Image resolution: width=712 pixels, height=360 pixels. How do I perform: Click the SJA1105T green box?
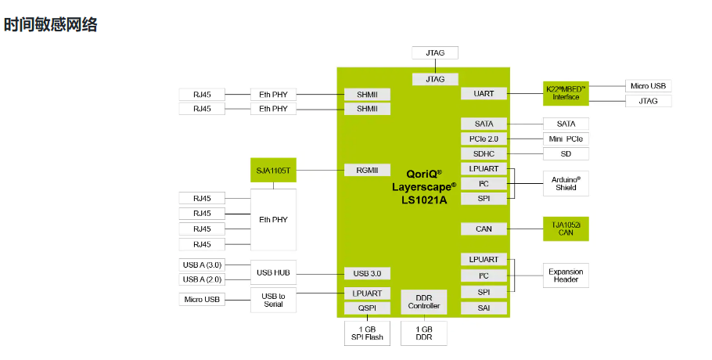273,170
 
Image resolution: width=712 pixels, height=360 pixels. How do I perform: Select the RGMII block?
367,170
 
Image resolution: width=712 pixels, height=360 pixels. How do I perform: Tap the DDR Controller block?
424,301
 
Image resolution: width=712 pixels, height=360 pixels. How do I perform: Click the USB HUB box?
273,273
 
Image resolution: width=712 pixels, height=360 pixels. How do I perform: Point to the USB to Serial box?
273,300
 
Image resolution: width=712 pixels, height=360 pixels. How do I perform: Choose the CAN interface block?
484,229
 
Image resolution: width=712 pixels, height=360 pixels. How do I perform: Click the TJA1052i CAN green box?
566,229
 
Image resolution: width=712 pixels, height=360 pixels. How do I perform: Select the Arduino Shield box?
566,183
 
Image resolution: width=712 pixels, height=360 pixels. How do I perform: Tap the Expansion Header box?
566,275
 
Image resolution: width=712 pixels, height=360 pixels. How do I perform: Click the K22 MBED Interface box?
566,93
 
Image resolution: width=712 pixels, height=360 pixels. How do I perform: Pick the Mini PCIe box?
566,139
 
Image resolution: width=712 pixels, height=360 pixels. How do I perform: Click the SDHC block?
484,153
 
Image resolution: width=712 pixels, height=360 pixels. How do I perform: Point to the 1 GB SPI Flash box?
367,333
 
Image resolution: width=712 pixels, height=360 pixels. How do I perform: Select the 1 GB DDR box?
424,333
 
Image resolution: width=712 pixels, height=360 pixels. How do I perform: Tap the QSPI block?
367,308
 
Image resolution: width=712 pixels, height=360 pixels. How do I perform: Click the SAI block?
484,308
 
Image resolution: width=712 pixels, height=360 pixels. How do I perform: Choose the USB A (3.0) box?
203,265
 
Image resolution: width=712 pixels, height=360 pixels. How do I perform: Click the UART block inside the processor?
484,93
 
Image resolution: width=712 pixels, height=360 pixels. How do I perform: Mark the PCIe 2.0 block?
484,139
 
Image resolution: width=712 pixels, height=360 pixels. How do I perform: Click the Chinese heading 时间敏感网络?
51,24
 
